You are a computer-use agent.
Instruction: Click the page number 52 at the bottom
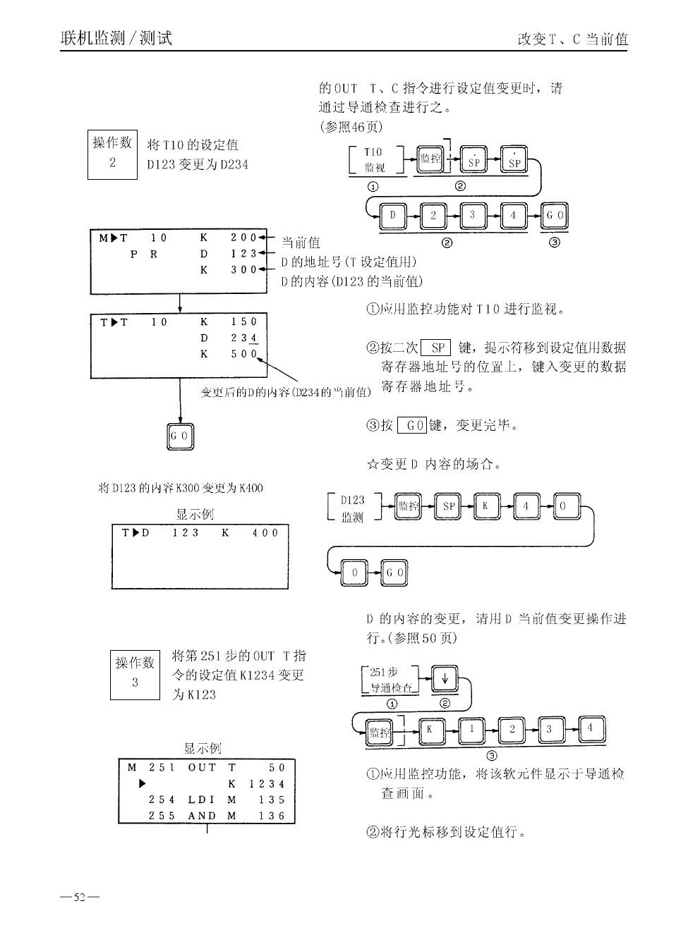[x=80, y=898]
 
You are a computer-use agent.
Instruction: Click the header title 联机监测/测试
[x=116, y=38]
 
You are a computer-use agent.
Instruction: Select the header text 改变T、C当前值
[x=572, y=39]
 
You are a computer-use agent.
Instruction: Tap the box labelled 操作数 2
[x=112, y=154]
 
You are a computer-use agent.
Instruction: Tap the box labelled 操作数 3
[x=135, y=673]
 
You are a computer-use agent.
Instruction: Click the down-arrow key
[x=445, y=680]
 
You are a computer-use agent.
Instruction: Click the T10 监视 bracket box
[x=375, y=160]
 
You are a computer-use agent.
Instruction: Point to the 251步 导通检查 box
[x=390, y=680]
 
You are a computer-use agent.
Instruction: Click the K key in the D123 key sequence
[x=486, y=507]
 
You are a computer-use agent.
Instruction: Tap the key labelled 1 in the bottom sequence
[x=471, y=730]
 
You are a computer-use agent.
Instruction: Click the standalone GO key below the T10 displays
[x=179, y=436]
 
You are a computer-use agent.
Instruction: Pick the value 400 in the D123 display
[x=265, y=533]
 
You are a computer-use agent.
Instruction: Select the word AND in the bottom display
[x=202, y=816]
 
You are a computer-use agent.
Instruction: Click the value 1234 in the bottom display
[x=267, y=783]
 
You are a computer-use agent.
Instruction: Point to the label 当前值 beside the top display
[x=301, y=243]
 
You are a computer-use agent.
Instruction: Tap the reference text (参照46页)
[x=351, y=127]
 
